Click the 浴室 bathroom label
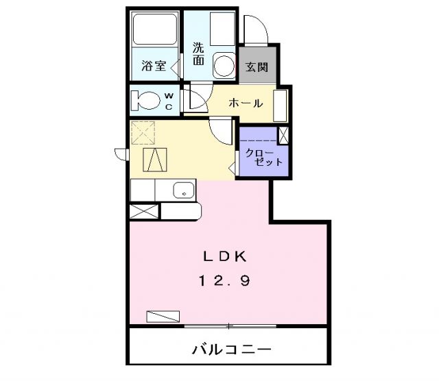pos(154,66)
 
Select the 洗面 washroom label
pos(198,53)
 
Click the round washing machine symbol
pos(224,66)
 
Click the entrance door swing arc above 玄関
pos(254,31)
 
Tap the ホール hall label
pos(245,103)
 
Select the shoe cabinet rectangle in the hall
pos(280,105)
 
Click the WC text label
pos(169,101)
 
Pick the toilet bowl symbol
pos(146,100)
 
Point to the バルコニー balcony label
pos(230,349)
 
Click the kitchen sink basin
pos(184,190)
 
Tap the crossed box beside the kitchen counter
pos(144,211)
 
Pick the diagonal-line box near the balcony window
pos(163,316)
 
